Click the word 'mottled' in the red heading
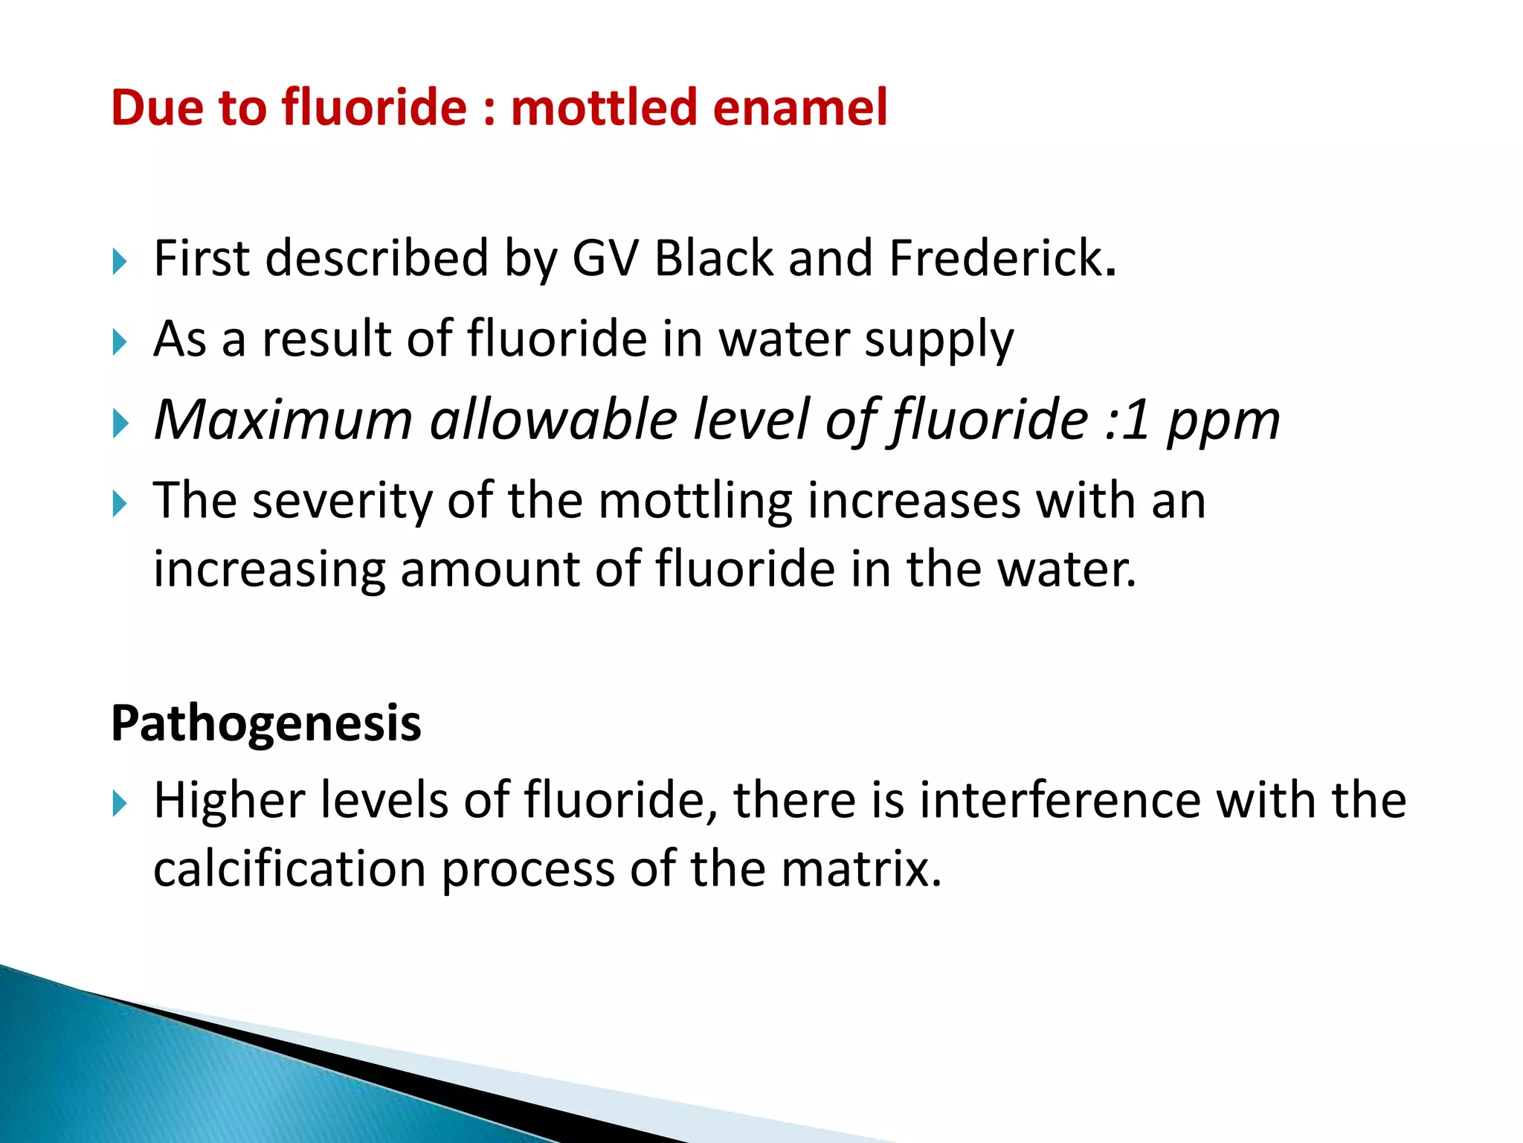[x=603, y=107]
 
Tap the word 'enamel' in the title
[x=800, y=107]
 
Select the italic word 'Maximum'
[x=283, y=420]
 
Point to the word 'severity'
[x=342, y=501]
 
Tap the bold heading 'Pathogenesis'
[x=265, y=723]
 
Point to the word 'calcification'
[x=289, y=869]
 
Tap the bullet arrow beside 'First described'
[x=120, y=261]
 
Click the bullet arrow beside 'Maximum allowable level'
[x=120, y=423]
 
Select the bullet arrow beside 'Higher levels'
[x=120, y=804]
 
